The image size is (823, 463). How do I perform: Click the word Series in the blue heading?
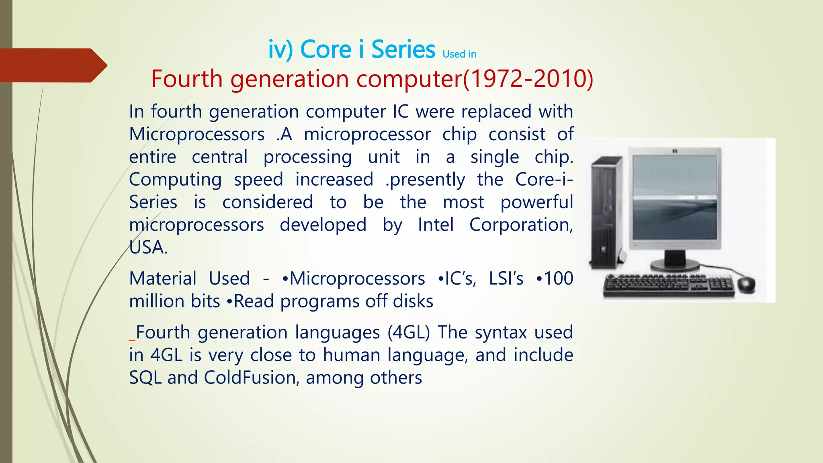pyautogui.click(x=403, y=50)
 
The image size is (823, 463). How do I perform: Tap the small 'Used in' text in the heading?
pyautogui.click(x=459, y=54)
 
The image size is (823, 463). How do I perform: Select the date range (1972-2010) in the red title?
pyautogui.click(x=528, y=79)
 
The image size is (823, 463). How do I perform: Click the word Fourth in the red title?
pyautogui.click(x=186, y=79)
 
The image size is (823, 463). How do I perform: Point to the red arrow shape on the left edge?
pyautogui.click(x=52, y=66)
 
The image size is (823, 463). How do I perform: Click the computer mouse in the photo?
pyautogui.click(x=745, y=284)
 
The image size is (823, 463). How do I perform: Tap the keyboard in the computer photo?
pyautogui.click(x=669, y=286)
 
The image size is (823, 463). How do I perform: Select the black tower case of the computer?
pyautogui.click(x=606, y=213)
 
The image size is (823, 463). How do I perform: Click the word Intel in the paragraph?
pyautogui.click(x=436, y=225)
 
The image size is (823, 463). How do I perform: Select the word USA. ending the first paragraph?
pyautogui.click(x=148, y=248)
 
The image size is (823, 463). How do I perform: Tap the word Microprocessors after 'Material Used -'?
pyautogui.click(x=357, y=279)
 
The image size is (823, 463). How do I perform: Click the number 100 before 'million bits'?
pyautogui.click(x=558, y=279)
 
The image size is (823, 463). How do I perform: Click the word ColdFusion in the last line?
pyautogui.click(x=250, y=378)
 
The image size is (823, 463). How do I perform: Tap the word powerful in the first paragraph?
pyautogui.click(x=536, y=202)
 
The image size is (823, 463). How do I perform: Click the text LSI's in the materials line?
pyautogui.click(x=506, y=279)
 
